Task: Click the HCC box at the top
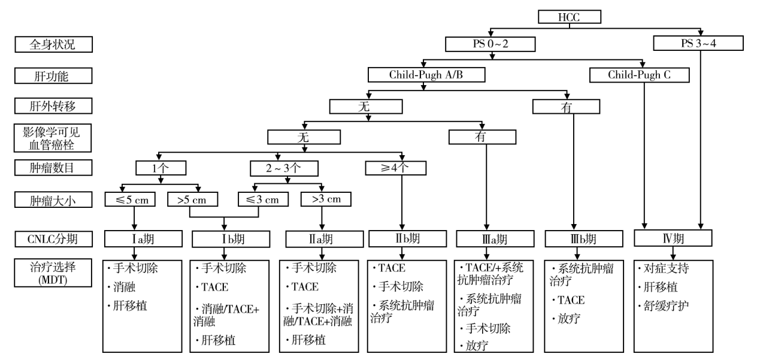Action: coord(563,16)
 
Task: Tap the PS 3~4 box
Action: coord(698,44)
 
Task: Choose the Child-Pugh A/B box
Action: coord(423,75)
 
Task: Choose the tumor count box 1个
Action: coord(158,167)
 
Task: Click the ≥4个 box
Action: coord(396,167)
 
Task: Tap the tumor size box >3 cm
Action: coord(325,198)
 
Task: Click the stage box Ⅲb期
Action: coord(574,238)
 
